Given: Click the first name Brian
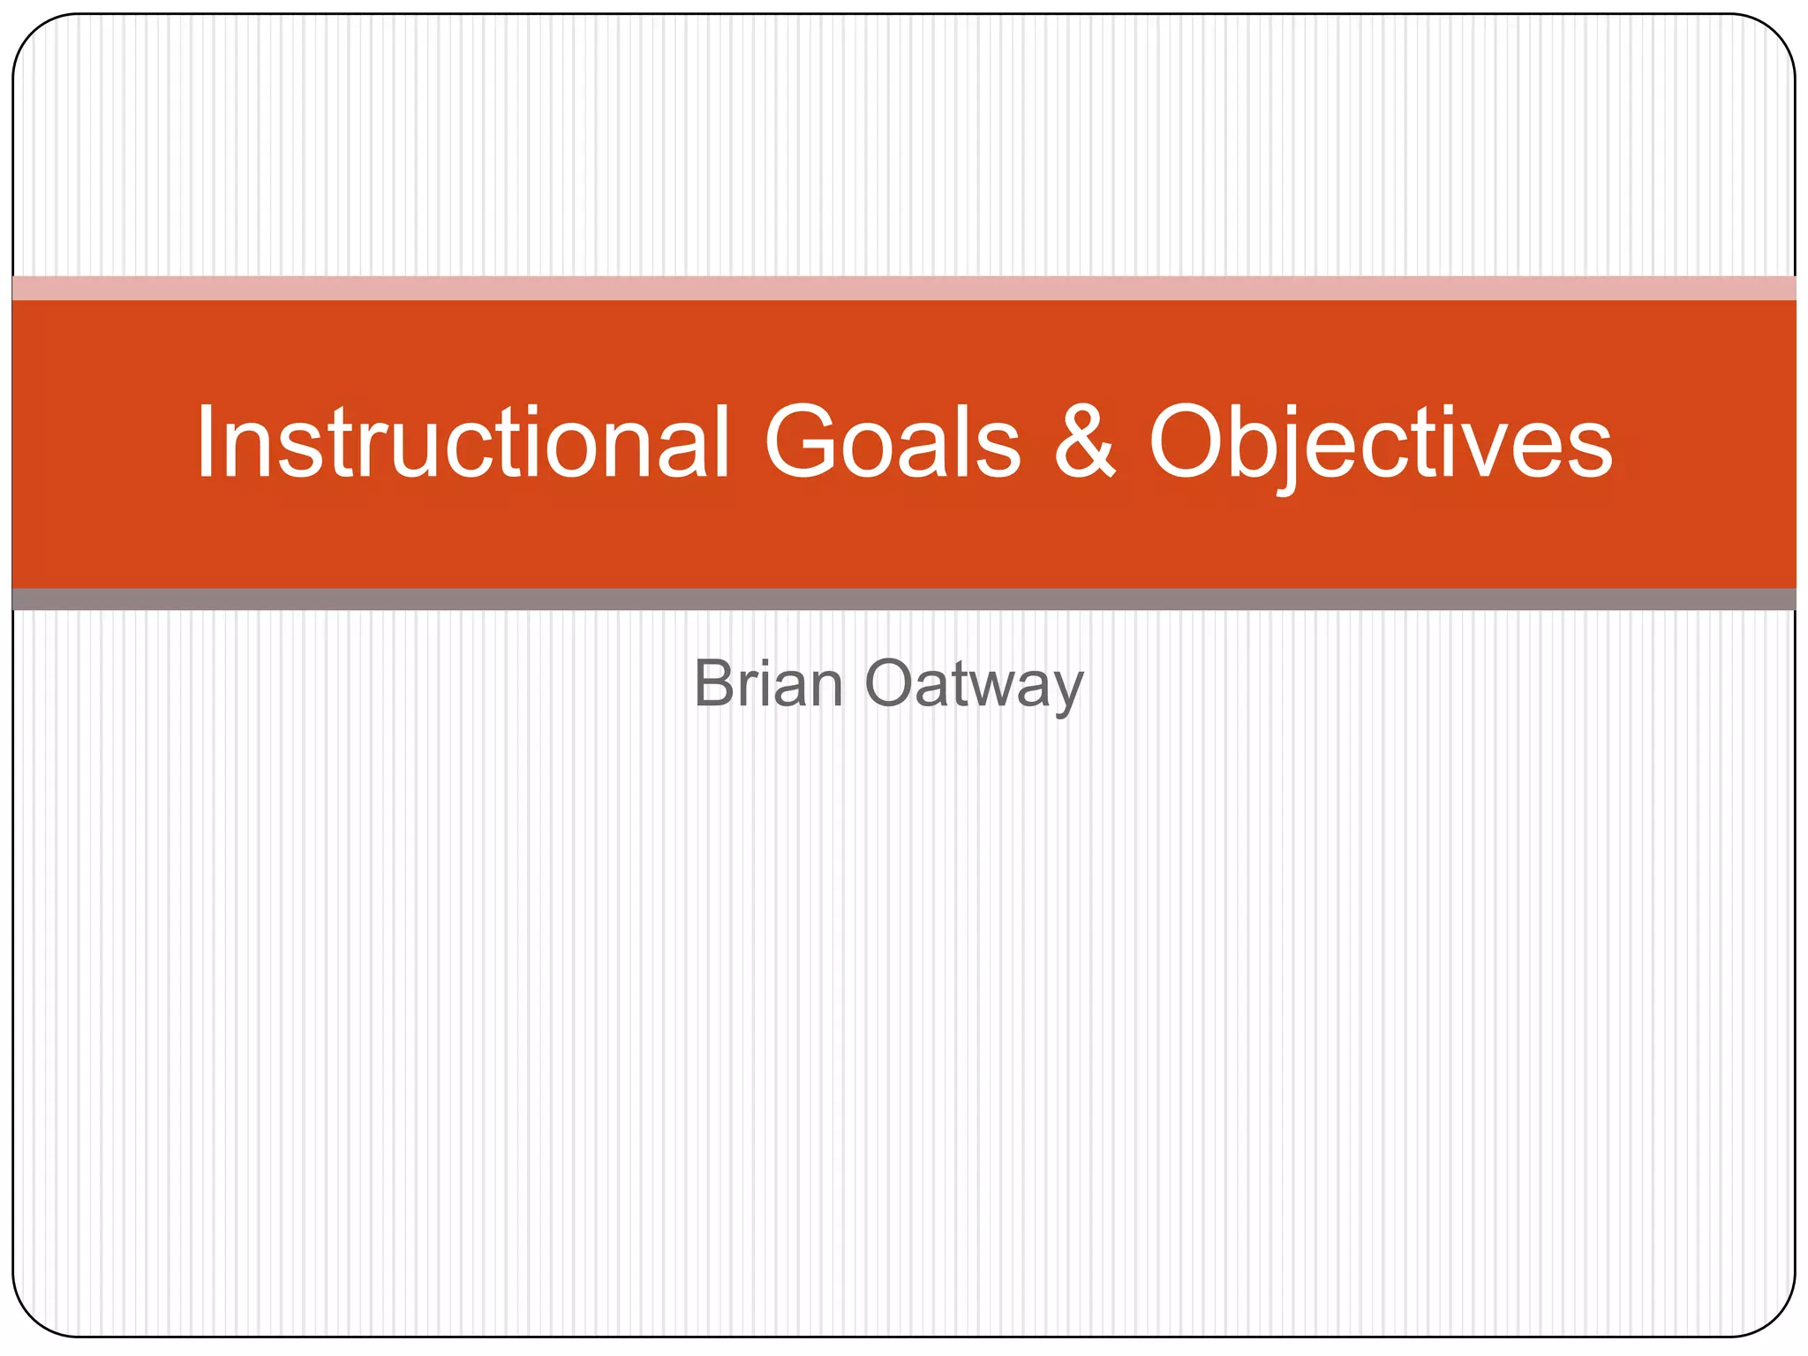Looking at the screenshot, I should [x=768, y=684].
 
